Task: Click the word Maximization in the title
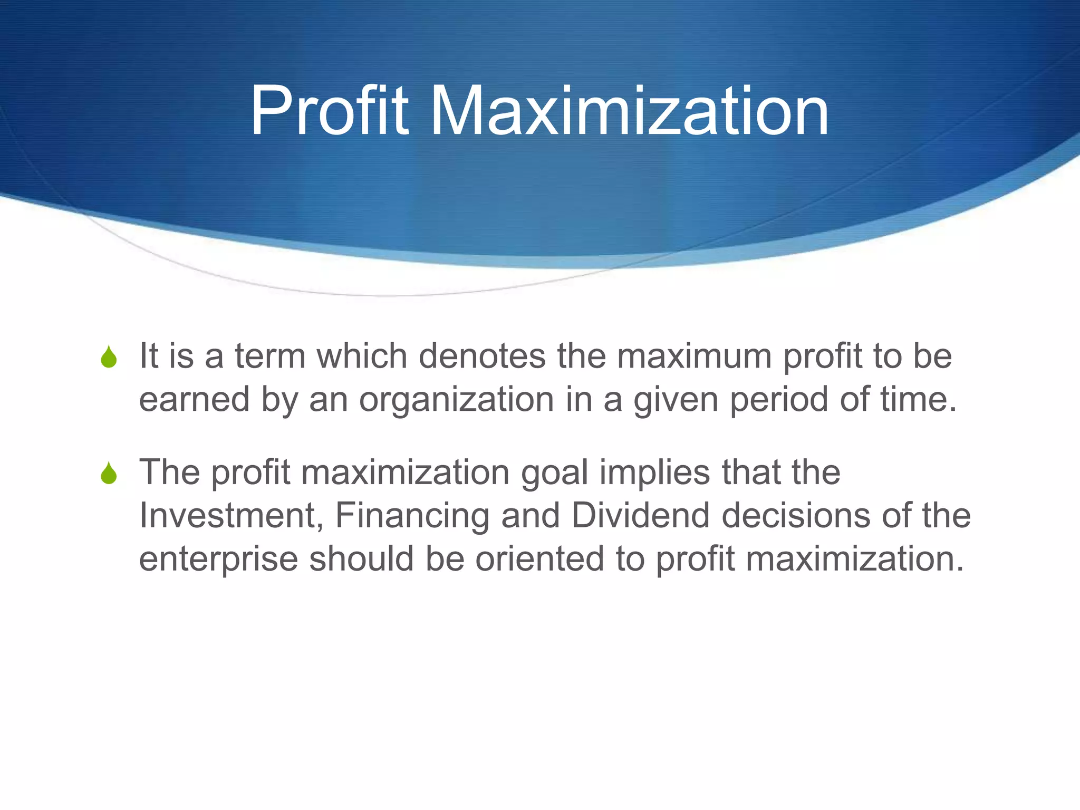(x=629, y=112)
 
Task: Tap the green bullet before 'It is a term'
(x=109, y=357)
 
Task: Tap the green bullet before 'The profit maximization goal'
(x=109, y=473)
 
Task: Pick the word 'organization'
(x=456, y=400)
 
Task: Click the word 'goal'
(x=554, y=473)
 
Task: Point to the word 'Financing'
(x=412, y=516)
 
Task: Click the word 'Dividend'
(x=640, y=515)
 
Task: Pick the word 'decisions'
(x=796, y=515)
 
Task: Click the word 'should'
(x=361, y=558)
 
